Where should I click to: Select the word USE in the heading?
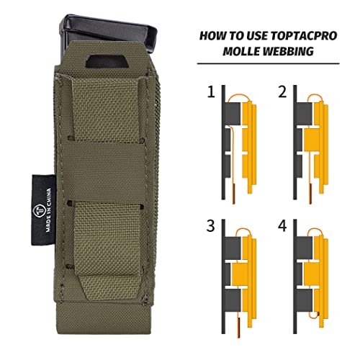243,35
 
